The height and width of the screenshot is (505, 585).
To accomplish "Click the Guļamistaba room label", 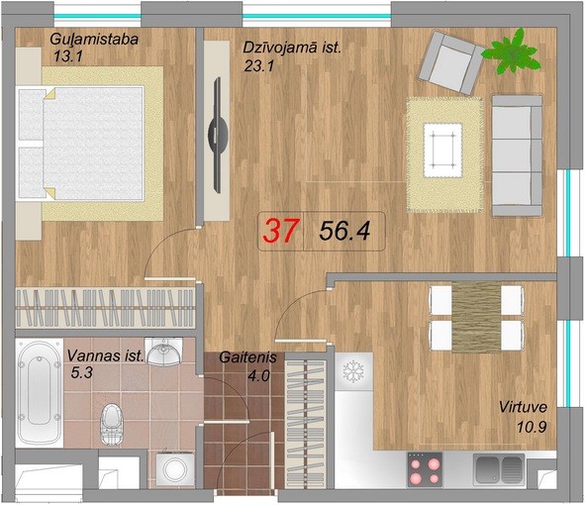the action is pyautogui.click(x=94, y=40).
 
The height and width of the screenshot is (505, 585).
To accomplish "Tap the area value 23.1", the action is pyautogui.click(x=259, y=66).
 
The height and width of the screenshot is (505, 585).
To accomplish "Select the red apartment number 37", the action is pyautogui.click(x=281, y=231).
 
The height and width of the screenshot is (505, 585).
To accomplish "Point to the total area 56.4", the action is pyautogui.click(x=344, y=231).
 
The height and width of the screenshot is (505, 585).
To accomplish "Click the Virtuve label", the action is pyautogui.click(x=523, y=407).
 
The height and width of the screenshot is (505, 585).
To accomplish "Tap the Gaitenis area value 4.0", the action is pyautogui.click(x=258, y=375).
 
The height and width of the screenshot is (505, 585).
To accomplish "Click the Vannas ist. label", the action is pyautogui.click(x=105, y=355).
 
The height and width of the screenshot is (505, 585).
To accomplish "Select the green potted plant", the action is pyautogui.click(x=511, y=51).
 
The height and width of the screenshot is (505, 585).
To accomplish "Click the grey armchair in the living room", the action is pyautogui.click(x=450, y=62).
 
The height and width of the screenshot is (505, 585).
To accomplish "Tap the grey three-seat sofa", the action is pyautogui.click(x=517, y=155).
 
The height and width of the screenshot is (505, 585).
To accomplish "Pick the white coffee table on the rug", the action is pyautogui.click(x=442, y=151).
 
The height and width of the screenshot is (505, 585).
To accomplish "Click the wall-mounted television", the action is pyautogui.click(x=218, y=135).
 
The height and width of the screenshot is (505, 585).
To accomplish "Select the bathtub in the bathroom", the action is pyautogui.click(x=39, y=393).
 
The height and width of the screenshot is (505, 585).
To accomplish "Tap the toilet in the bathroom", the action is pyautogui.click(x=111, y=424).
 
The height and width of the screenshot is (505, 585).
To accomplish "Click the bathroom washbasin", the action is pyautogui.click(x=163, y=352).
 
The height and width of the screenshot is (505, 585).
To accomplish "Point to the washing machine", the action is pyautogui.click(x=175, y=469).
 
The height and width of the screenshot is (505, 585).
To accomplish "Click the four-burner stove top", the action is pyautogui.click(x=425, y=469).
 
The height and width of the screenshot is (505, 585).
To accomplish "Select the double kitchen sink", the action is pyautogui.click(x=499, y=468).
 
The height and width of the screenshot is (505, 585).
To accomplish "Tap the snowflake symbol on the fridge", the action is pyautogui.click(x=352, y=371).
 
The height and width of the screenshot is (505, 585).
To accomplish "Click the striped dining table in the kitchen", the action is pyautogui.click(x=476, y=317).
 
